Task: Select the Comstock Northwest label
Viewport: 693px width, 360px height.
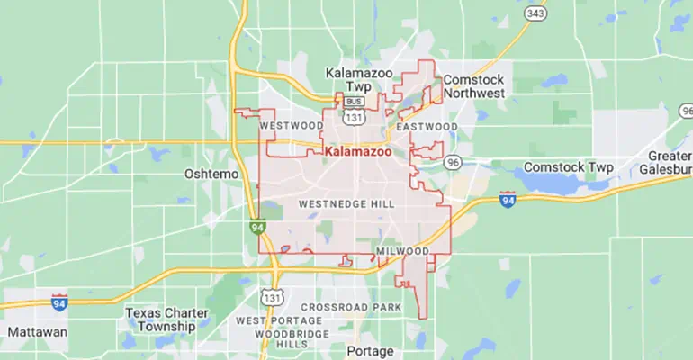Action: point(472,85)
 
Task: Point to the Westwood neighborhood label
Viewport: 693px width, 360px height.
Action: point(292,125)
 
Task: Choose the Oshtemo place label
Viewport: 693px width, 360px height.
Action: point(209,173)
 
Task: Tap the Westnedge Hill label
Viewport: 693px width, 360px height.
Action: point(346,204)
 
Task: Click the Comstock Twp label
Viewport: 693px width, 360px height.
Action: point(568,167)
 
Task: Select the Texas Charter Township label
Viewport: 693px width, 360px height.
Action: point(166,319)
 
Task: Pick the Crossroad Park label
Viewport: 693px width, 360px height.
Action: point(350,308)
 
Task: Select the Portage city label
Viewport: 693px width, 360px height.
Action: point(370,350)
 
